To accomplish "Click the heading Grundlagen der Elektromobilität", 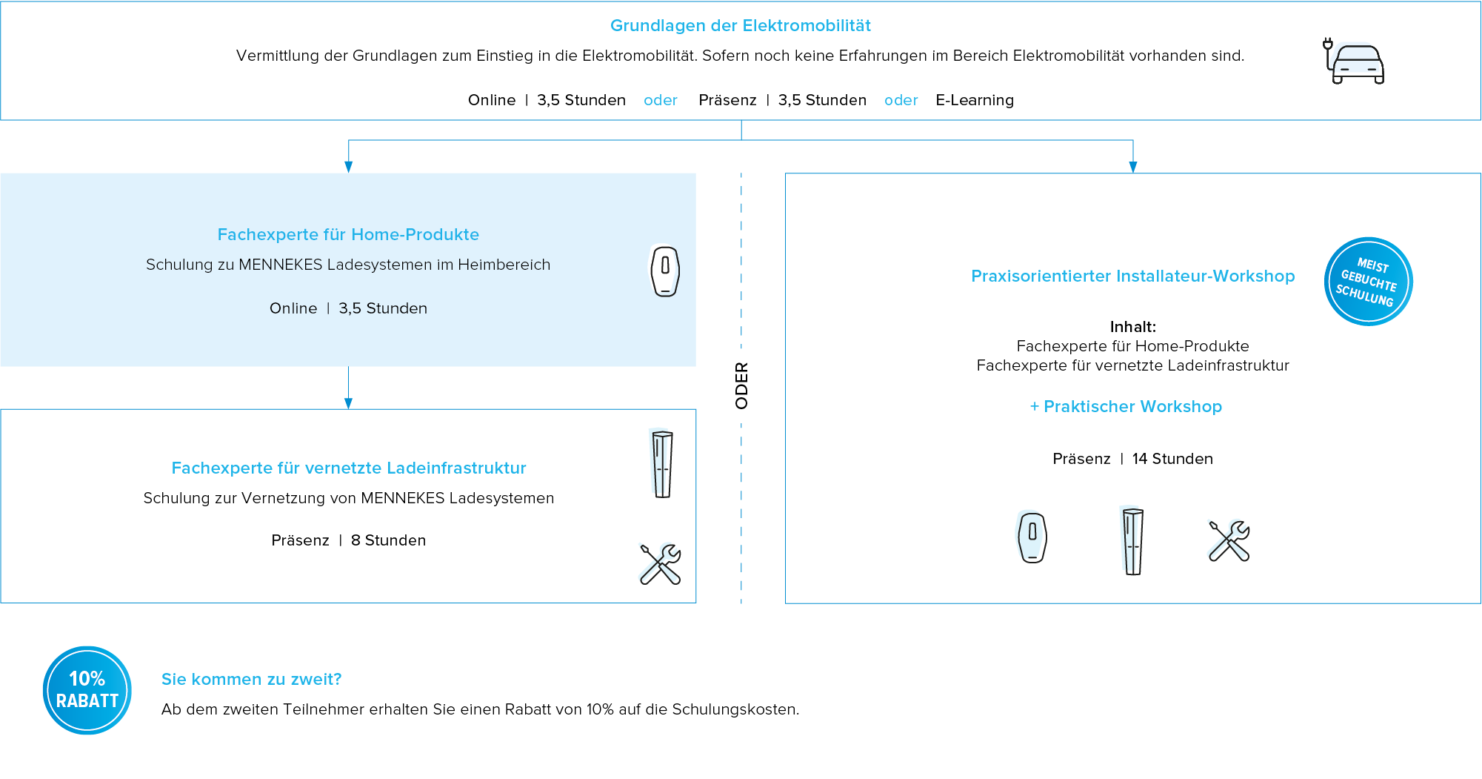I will pos(740,26).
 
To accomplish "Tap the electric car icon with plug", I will pos(1354,62).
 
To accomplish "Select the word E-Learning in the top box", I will pos(974,100).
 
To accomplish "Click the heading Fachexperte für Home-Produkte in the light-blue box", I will pos(348,234).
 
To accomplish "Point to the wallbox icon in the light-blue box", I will pos(664,271).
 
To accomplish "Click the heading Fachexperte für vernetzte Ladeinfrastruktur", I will pos(349,468).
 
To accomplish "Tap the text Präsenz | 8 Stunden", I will pos(348,540).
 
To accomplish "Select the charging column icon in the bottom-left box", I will pos(661,463).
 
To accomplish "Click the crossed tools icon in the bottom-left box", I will pos(659,563).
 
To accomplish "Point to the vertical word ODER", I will pos(741,385).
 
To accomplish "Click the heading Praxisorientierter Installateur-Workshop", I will pos(1132,276).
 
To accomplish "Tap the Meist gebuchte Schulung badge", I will pos(1368,282).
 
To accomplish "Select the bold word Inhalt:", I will pos(1132,327).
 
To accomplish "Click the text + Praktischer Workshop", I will pos(1126,406).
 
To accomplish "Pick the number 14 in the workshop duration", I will pos(1140,459).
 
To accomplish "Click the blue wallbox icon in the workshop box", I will pos(1030,536).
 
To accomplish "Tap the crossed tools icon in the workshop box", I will pos(1228,540).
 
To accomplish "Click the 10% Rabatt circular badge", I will pos(87,690).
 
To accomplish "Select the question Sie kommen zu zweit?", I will pos(251,679).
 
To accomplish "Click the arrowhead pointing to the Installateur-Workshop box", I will pos(1132,167).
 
